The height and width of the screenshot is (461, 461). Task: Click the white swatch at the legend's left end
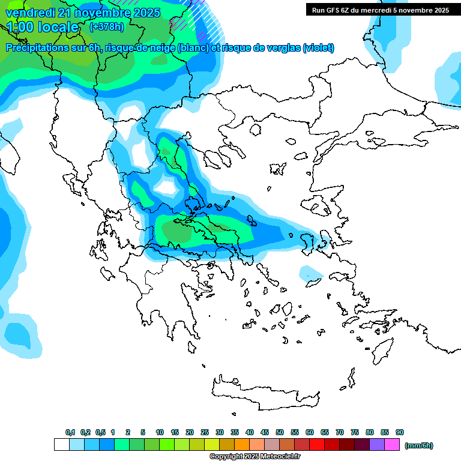[61, 445]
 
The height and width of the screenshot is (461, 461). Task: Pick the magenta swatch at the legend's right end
[392, 445]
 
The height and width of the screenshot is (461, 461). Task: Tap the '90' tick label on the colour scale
[400, 432]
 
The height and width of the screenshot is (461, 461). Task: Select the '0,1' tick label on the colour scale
[70, 432]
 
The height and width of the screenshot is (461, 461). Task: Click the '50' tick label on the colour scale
[280, 432]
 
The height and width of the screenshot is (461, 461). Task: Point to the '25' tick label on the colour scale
[205, 432]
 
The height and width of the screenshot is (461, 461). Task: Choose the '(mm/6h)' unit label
[419, 445]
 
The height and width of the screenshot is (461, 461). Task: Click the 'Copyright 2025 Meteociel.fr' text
[255, 457]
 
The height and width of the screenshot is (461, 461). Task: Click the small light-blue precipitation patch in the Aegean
[311, 274]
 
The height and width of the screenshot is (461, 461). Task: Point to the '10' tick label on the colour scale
[160, 432]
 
